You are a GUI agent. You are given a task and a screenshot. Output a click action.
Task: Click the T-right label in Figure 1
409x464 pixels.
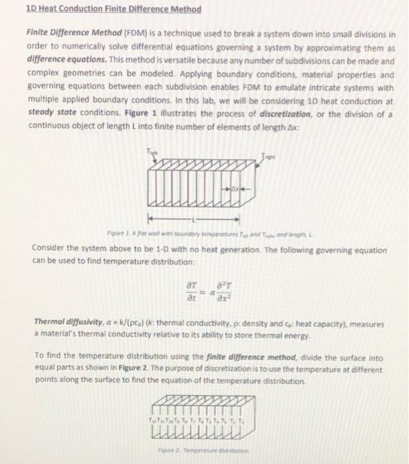point(267,156)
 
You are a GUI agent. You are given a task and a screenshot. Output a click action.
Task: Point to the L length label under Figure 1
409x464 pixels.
point(193,217)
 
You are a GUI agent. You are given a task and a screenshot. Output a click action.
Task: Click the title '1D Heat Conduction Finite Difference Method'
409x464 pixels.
point(113,10)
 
